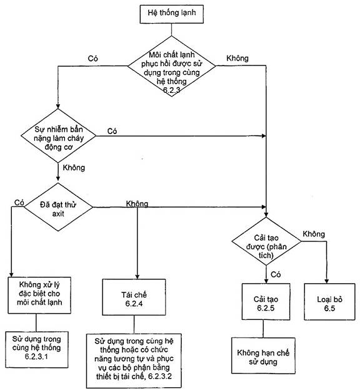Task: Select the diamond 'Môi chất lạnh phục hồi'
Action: coord(171,66)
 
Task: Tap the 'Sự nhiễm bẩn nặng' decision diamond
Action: coord(58,136)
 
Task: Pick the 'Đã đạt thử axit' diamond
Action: coord(58,207)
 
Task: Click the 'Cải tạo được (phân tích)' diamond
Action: coord(266,241)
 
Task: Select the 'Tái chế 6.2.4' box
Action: coord(134,297)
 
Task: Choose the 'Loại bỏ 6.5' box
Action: coord(329,302)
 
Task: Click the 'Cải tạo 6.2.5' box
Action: coord(266,302)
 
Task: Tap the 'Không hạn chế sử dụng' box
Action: coord(263,355)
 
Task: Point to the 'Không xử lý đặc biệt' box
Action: coord(39,295)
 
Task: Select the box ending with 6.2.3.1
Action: coord(37,349)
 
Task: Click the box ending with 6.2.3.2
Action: coord(134,361)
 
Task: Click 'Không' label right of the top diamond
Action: coord(237,59)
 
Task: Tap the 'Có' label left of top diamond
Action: coord(92,59)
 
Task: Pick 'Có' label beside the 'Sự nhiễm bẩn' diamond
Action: coord(112,131)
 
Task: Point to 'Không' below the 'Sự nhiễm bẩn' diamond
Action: coord(74,168)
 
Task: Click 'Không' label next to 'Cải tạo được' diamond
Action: coord(314,234)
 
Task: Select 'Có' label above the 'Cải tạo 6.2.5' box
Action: coord(276,274)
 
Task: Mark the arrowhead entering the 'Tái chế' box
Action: coord(137,276)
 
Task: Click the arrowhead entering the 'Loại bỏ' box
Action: coord(326,281)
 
